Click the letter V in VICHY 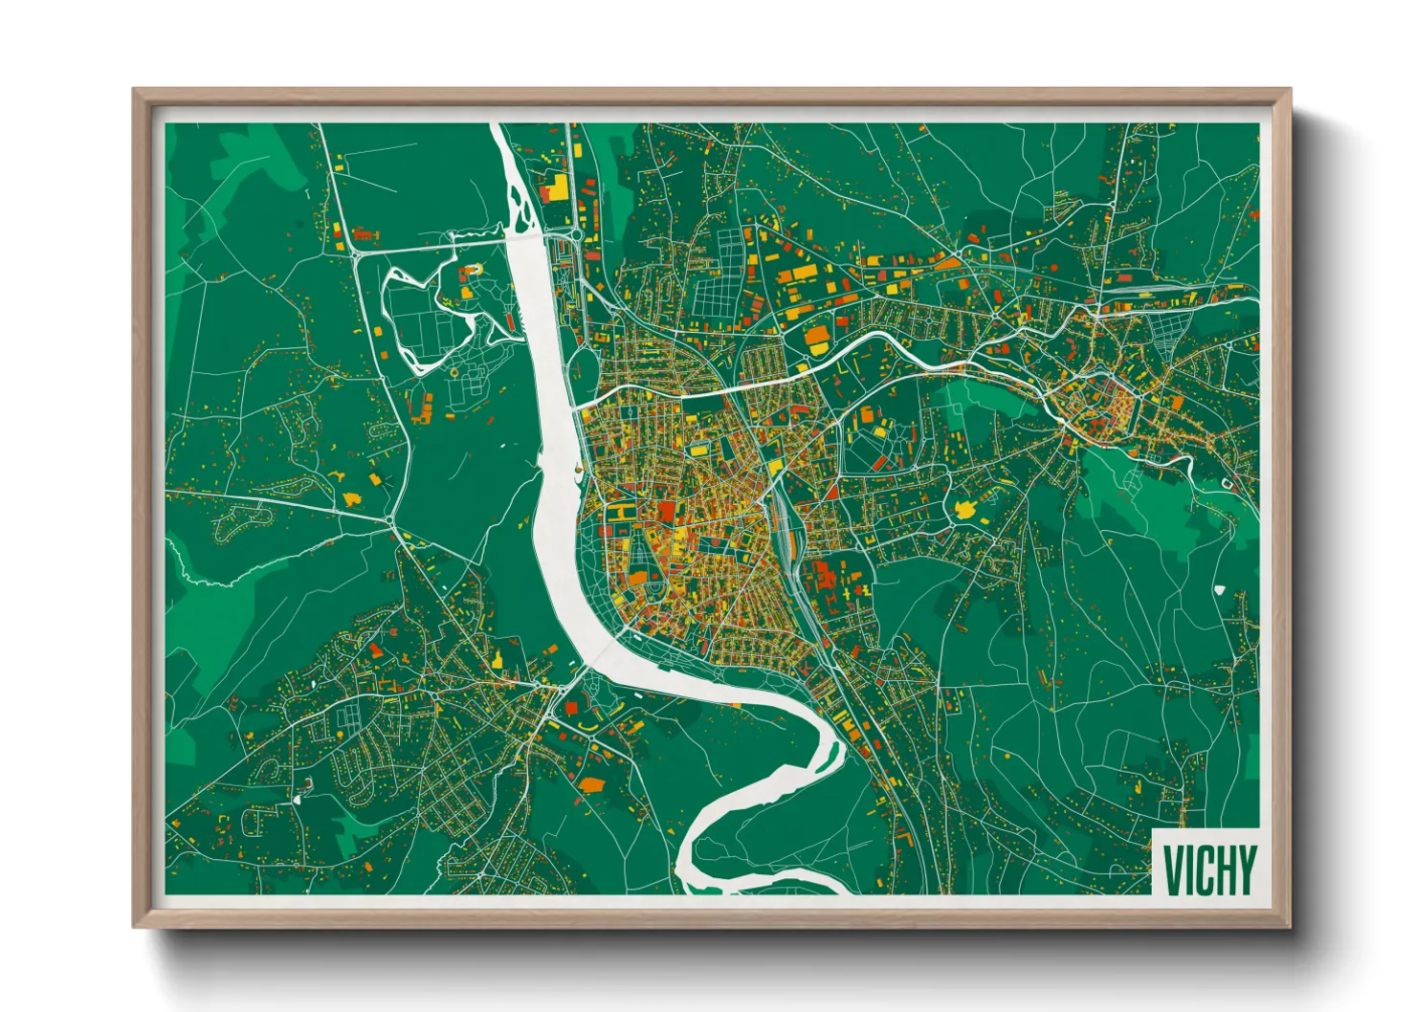pyautogui.click(x=1172, y=869)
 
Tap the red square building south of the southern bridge pyautogui.click(x=572, y=708)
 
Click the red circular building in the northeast pyautogui.click(x=1114, y=392)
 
